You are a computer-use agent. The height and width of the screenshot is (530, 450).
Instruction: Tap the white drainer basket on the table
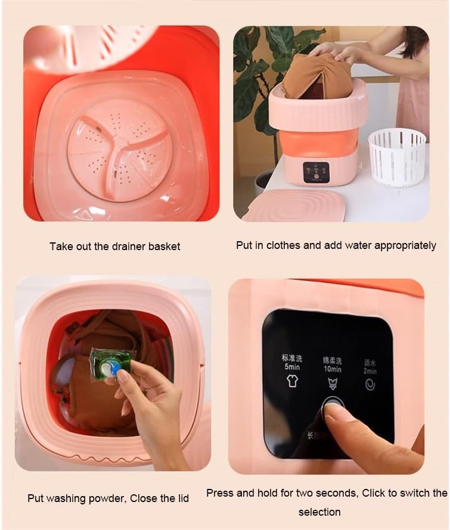point(397,157)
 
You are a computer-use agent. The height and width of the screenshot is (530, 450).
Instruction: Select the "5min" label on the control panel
point(291,367)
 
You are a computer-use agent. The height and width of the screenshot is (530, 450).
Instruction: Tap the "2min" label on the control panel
point(370,371)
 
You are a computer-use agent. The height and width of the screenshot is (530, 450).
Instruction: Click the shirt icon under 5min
point(292,382)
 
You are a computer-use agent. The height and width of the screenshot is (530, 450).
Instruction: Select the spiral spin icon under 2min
point(370,385)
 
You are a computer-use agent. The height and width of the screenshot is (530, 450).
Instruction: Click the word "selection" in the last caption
point(320,512)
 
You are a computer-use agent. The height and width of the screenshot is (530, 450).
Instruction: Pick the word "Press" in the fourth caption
point(220,492)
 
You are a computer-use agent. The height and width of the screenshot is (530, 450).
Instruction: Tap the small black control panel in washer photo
point(315,172)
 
